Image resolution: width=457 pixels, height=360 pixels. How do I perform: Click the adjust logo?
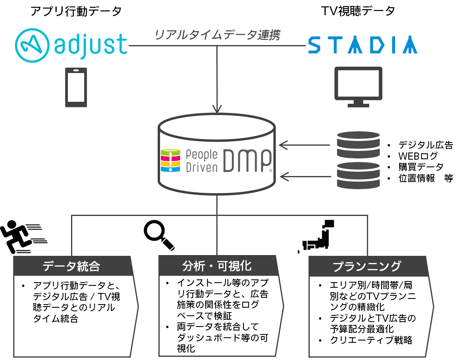point(71,44)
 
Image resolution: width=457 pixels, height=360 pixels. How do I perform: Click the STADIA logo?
point(362,45)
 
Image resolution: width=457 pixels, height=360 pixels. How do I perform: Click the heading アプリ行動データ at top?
point(76,11)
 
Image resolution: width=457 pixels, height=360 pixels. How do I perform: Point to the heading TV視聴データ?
point(358,11)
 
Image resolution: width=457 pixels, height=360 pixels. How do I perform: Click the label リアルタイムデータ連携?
point(217,35)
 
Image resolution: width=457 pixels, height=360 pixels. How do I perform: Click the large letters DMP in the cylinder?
point(247,161)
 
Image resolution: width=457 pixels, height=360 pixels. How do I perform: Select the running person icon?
point(22,237)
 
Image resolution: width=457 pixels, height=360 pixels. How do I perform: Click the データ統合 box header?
point(72,266)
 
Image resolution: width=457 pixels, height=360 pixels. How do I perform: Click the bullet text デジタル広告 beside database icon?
point(425,145)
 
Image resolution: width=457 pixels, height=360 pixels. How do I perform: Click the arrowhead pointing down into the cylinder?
point(217,108)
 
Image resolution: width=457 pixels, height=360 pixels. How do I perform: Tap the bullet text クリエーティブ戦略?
point(371,340)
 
